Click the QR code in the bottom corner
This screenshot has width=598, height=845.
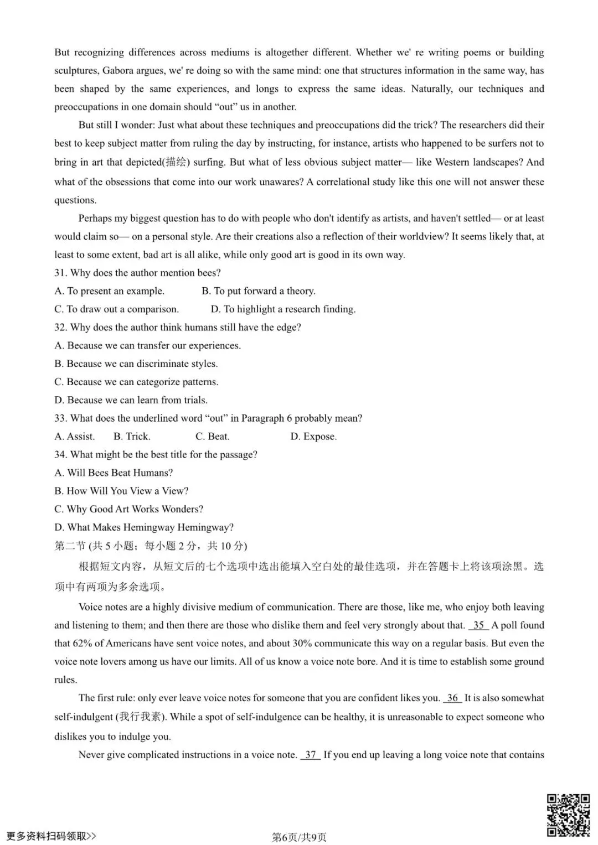(x=568, y=815)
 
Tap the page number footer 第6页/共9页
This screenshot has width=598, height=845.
(x=299, y=837)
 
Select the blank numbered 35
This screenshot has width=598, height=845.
(x=478, y=625)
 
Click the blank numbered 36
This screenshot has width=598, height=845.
(x=452, y=698)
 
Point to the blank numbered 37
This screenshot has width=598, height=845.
(x=311, y=755)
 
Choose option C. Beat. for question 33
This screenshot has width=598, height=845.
(x=212, y=437)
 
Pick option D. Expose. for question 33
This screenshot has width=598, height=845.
(x=313, y=437)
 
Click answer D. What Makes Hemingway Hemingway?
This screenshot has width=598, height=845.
(x=144, y=527)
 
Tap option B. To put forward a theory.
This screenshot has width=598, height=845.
(x=258, y=291)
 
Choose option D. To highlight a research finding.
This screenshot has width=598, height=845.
(x=283, y=309)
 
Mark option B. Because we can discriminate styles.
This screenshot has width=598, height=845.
(x=136, y=364)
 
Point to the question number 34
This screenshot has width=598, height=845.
(x=60, y=455)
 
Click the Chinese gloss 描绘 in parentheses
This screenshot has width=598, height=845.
(x=177, y=163)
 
